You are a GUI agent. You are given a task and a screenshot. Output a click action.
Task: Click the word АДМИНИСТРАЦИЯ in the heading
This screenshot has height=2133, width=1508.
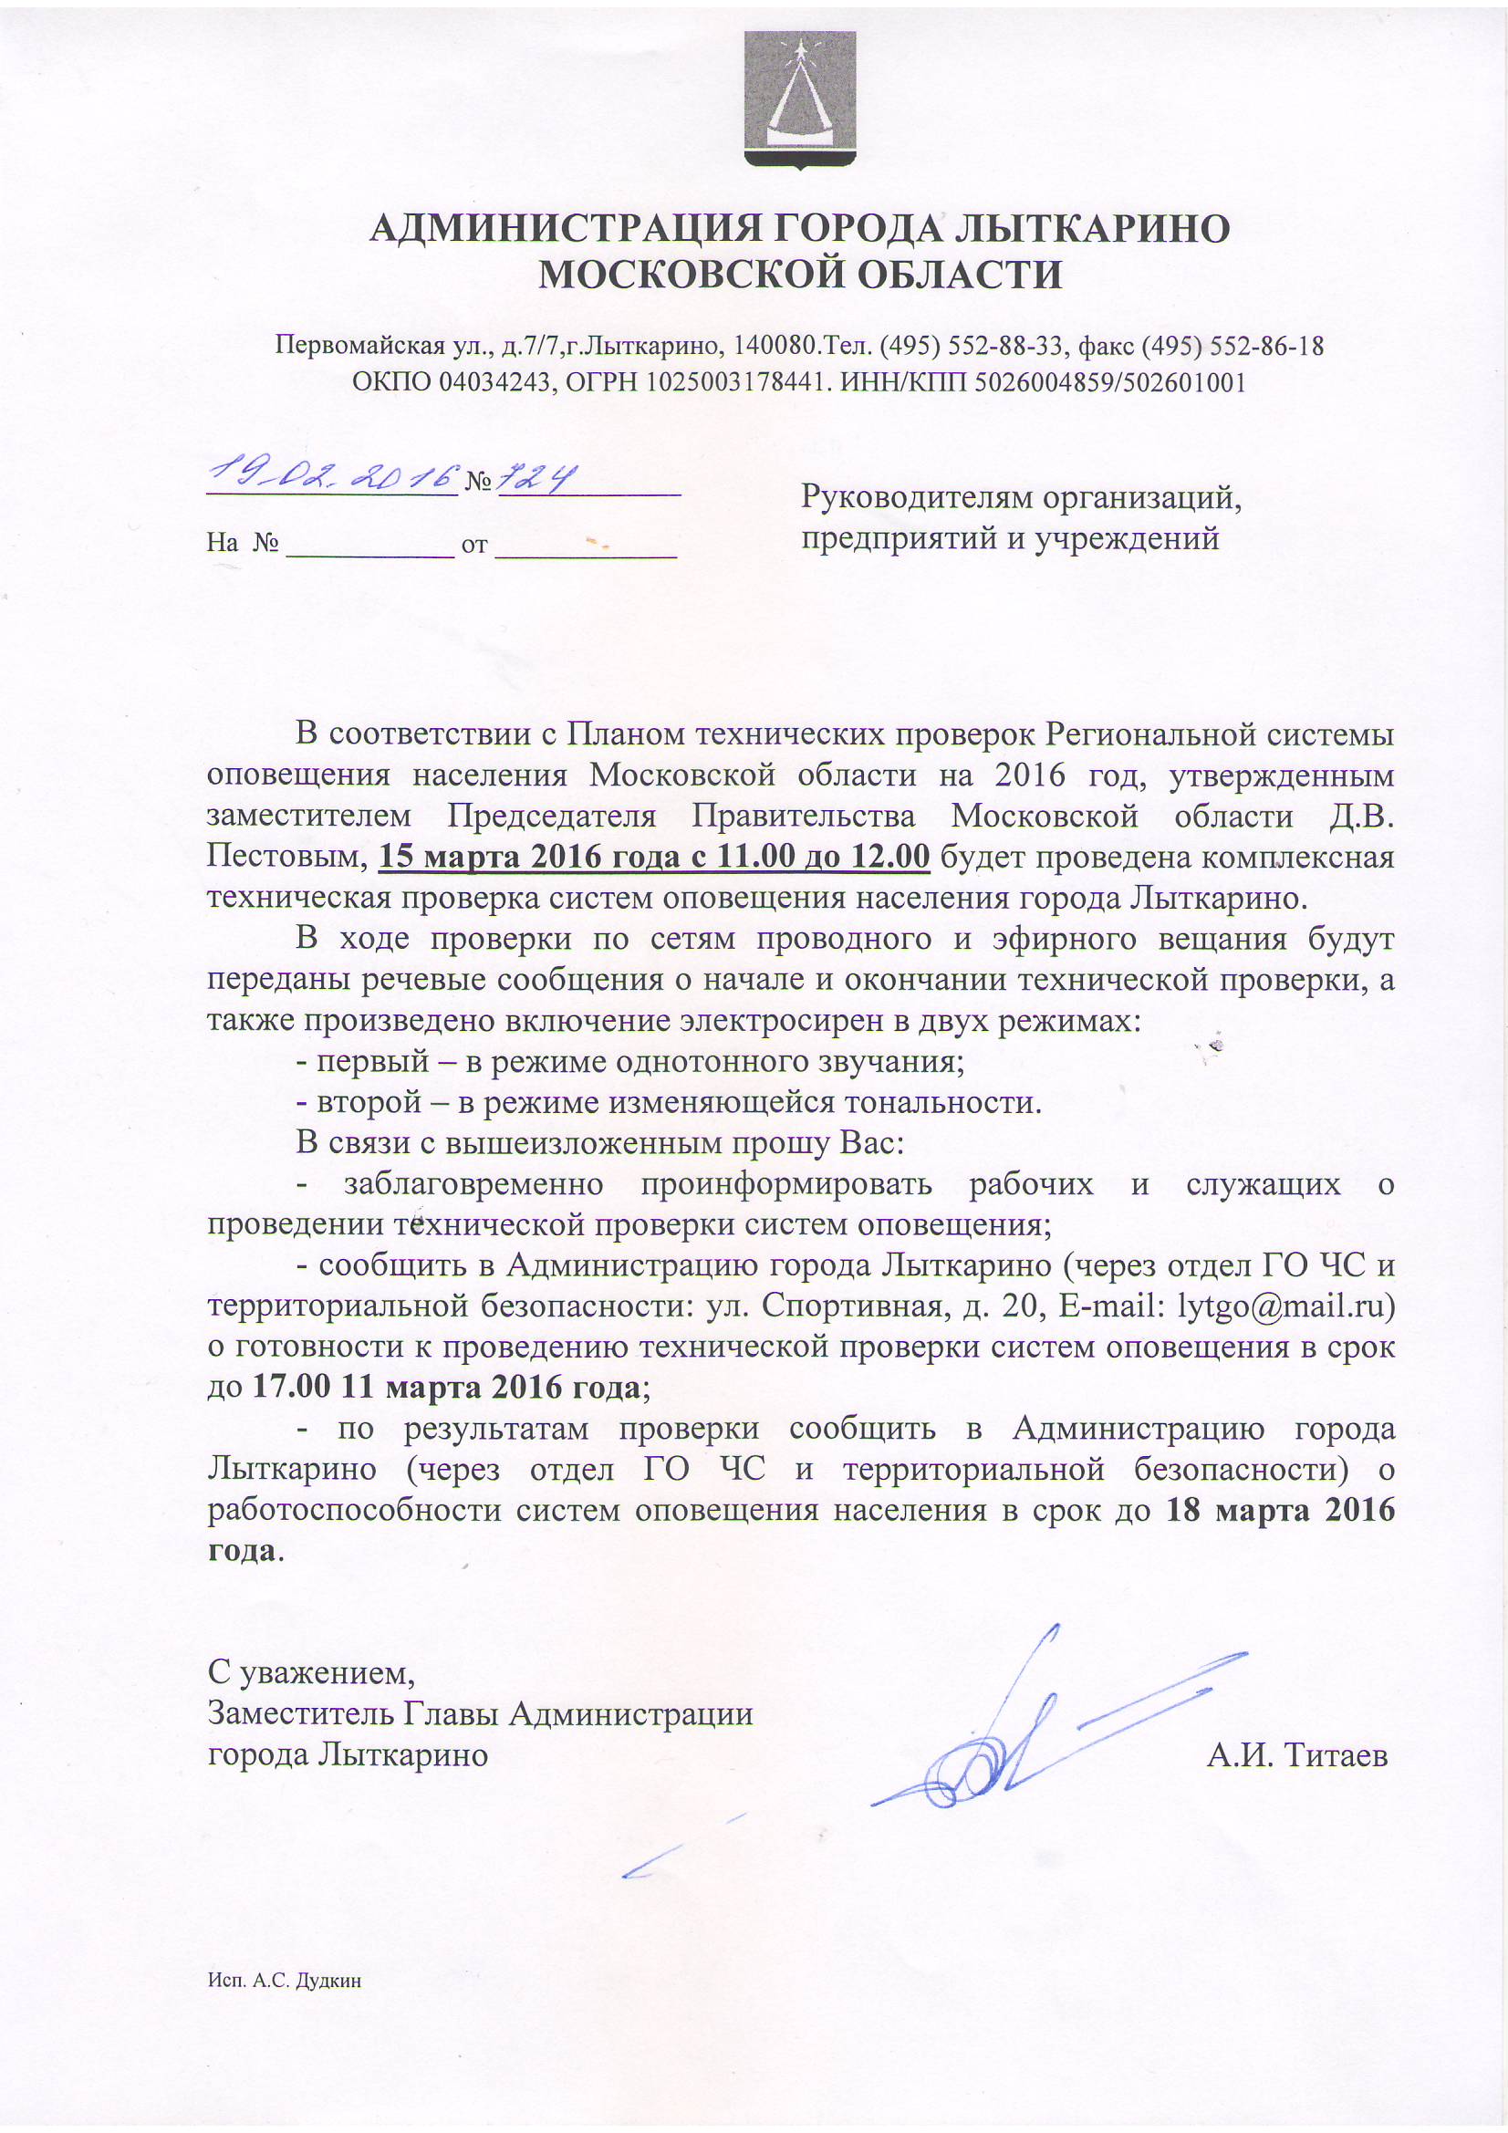[566, 228]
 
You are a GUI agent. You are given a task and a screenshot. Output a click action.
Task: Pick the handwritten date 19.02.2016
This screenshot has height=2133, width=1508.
[332, 477]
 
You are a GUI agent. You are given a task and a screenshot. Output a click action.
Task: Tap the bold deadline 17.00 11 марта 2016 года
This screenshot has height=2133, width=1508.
[446, 1387]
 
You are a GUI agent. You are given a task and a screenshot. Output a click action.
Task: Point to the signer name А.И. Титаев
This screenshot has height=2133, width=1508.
[1297, 1755]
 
